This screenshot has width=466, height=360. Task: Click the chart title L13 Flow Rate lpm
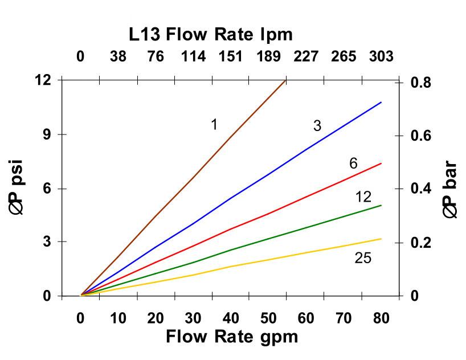(x=210, y=35)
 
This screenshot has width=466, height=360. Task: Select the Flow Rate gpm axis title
(x=231, y=337)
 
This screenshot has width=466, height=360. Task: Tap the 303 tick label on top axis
(x=381, y=56)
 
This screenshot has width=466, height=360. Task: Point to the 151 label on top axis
(x=231, y=56)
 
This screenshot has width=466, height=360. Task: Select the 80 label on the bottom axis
(x=381, y=318)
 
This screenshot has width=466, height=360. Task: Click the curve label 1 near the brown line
(x=214, y=124)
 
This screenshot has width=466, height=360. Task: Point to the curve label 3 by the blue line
(x=317, y=126)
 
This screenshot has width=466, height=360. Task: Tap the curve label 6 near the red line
(x=353, y=164)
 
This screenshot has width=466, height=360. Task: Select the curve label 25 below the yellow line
(x=363, y=258)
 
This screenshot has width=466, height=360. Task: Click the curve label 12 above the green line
(x=363, y=197)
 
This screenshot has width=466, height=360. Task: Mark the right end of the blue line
(x=381, y=103)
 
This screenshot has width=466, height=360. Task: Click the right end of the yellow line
(x=381, y=239)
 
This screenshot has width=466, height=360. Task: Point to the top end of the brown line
(x=285, y=81)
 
